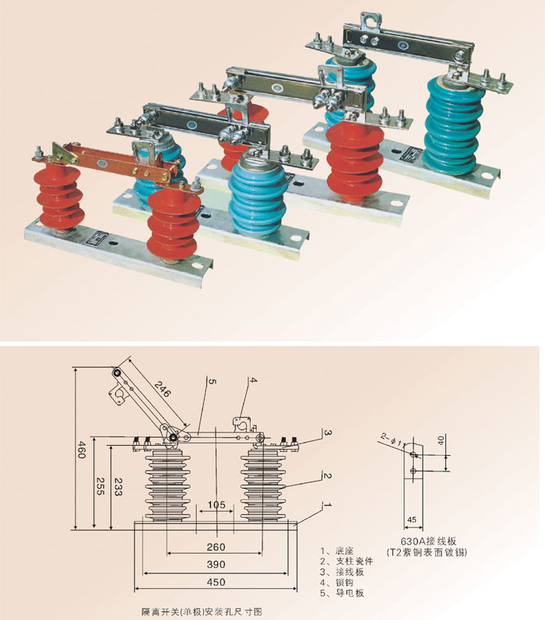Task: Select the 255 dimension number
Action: click(99, 483)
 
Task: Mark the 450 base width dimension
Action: click(216, 582)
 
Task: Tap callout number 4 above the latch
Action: click(252, 380)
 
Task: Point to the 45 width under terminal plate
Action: click(413, 520)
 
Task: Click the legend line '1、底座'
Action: click(339, 549)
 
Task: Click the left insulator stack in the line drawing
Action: click(164, 485)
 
